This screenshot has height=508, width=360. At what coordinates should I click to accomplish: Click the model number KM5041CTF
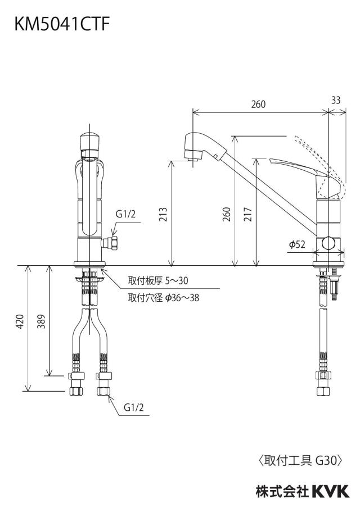point(62,24)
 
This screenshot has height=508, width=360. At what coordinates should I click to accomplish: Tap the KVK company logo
point(331,491)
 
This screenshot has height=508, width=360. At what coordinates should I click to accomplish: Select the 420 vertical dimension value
point(20,321)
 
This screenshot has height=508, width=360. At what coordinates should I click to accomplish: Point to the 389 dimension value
point(41,321)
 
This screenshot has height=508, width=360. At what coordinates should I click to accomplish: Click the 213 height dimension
point(163,214)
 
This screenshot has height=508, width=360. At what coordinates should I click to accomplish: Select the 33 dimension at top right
point(336,101)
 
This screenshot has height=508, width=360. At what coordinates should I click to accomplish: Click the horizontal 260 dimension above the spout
point(258,104)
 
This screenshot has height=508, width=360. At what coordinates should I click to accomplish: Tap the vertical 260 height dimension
point(227,214)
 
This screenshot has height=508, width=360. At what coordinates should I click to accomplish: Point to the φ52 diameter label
point(298,244)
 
